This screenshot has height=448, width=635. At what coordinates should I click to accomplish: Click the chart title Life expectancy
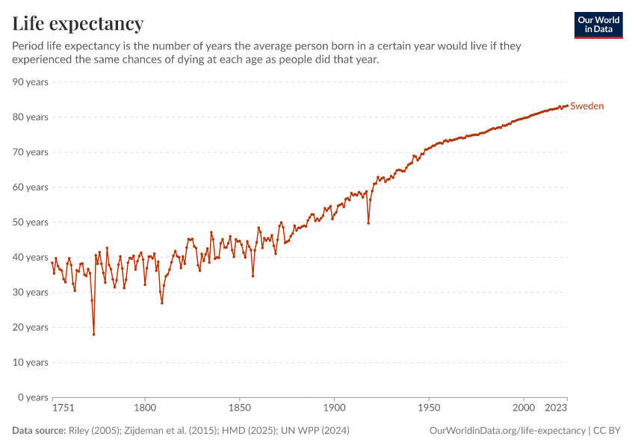pos(78,24)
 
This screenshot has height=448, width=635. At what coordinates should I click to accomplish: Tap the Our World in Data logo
pos(598,25)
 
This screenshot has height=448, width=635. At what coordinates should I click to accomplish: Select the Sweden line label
pos(587,106)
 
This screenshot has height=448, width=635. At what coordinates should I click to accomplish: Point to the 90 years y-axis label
pos(31,81)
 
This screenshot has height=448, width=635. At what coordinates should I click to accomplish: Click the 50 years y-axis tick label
pos(31,222)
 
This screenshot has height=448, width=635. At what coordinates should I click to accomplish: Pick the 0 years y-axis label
pos(34,397)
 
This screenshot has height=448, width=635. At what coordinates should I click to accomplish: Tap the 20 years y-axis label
pos(31,327)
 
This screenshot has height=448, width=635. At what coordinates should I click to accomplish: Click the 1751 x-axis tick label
pos(63,408)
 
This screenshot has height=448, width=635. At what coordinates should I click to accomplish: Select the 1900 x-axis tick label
pos(334,408)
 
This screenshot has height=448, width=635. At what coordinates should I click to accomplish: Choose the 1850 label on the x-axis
pos(239,408)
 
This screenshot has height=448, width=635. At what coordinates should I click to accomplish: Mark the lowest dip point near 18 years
pos(93,334)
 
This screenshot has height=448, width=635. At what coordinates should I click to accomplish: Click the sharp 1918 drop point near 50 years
pos(368,223)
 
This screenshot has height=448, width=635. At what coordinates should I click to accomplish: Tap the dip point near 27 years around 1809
pos(162,302)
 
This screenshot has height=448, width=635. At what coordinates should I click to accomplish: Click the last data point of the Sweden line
pos(568,105)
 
